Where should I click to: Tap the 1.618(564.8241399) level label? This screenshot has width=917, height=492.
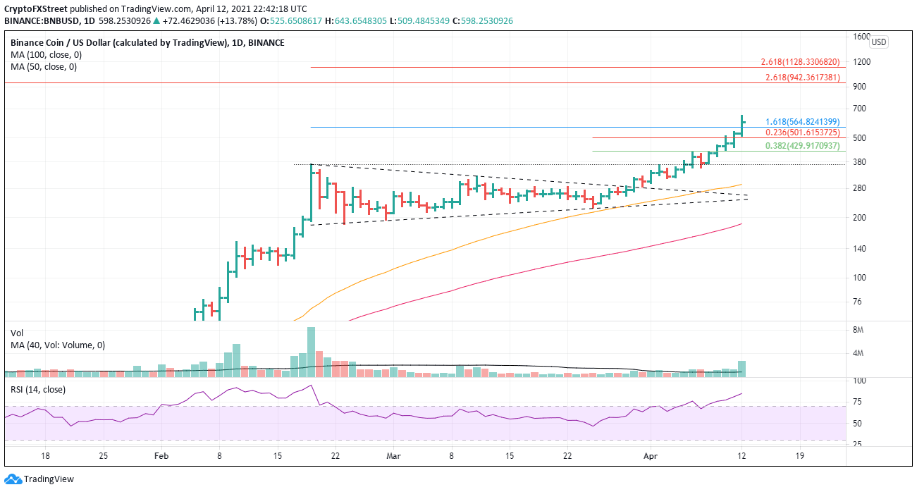pyautogui.click(x=802, y=121)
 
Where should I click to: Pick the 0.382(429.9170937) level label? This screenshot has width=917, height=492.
pyautogui.click(x=802, y=146)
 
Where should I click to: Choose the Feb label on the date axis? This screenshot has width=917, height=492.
pyautogui.click(x=162, y=457)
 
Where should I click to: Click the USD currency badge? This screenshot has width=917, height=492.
pyautogui.click(x=878, y=42)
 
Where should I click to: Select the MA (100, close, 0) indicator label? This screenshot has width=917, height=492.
pyautogui.click(x=44, y=55)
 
